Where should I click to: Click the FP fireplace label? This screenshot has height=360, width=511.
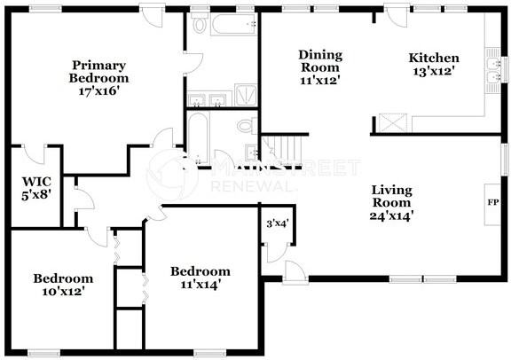pyautogui.click(x=492, y=202)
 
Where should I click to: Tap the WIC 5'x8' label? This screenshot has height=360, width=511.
pyautogui.click(x=36, y=188)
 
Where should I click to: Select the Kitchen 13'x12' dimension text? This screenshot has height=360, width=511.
pyautogui.click(x=434, y=71)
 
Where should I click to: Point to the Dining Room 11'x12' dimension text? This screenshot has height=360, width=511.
pyautogui.click(x=320, y=80)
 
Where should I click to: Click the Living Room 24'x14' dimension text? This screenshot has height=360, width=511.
pyautogui.click(x=391, y=215)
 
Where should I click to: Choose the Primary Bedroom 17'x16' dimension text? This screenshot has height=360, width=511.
pyautogui.click(x=98, y=91)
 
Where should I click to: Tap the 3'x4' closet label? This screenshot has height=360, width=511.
pyautogui.click(x=278, y=223)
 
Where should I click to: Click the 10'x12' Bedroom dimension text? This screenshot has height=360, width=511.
pyautogui.click(x=64, y=291)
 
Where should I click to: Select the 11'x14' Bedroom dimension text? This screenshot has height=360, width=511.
pyautogui.click(x=200, y=285)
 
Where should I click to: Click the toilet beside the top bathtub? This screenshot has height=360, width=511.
pyautogui.click(x=199, y=22)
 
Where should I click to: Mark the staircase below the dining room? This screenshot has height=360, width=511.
pyautogui.click(x=282, y=149)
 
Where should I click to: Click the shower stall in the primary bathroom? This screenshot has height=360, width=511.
pyautogui.click(x=246, y=95)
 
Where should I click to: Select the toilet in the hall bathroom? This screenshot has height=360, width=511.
pyautogui.click(x=247, y=126)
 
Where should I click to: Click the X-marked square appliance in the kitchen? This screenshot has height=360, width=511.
pyautogui.click(x=393, y=122)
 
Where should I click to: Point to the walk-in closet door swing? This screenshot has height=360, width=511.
pyautogui.click(x=34, y=154)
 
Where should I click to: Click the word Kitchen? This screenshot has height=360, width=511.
pyautogui.click(x=434, y=58)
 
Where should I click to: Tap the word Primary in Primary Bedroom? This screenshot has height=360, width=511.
pyautogui.click(x=98, y=66)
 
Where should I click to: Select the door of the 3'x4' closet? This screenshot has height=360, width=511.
pyautogui.click(x=277, y=253)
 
